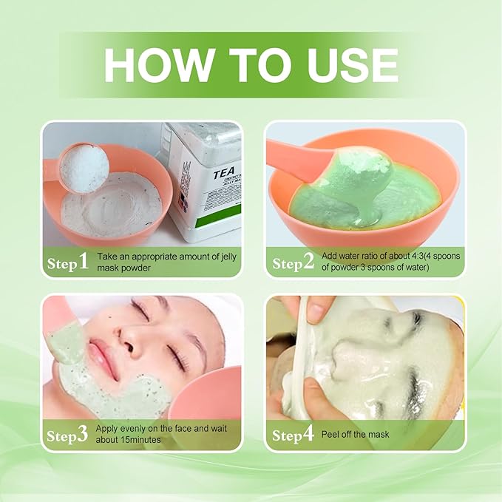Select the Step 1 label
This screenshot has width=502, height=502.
68,262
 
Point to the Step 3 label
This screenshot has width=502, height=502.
68,435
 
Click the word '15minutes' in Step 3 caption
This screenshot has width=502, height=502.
144,440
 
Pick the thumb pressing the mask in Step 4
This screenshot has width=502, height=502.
318,311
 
